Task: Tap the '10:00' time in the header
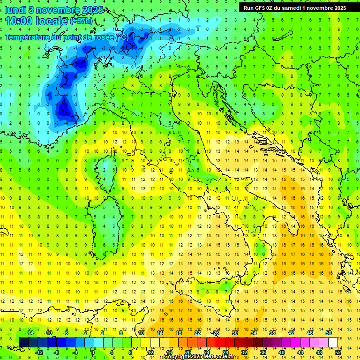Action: coord(19,21)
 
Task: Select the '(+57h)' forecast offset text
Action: coord(81,21)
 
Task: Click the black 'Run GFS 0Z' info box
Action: coord(295,7)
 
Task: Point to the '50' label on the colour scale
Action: coord(328,333)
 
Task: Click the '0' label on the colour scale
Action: coord(92,352)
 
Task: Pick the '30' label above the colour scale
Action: coord(234,333)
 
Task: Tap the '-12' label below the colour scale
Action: coord(39,352)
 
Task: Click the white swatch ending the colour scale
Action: coord(333,342)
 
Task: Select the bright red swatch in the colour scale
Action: coord(220,342)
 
